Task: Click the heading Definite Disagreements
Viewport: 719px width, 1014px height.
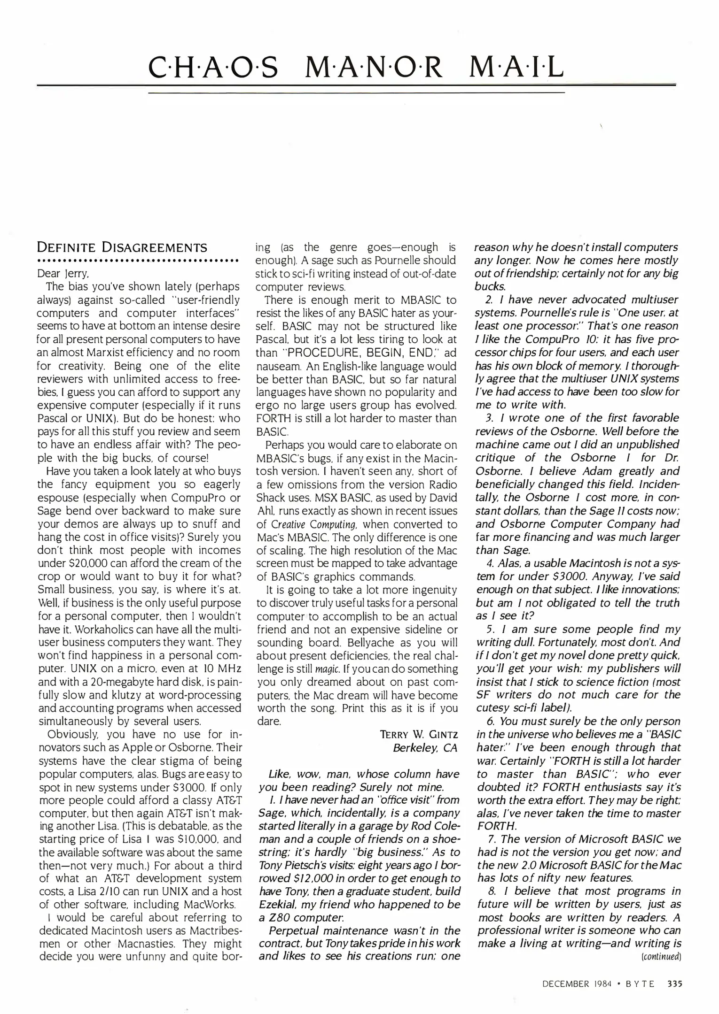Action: click(122, 247)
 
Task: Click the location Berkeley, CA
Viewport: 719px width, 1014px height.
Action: click(425, 748)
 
